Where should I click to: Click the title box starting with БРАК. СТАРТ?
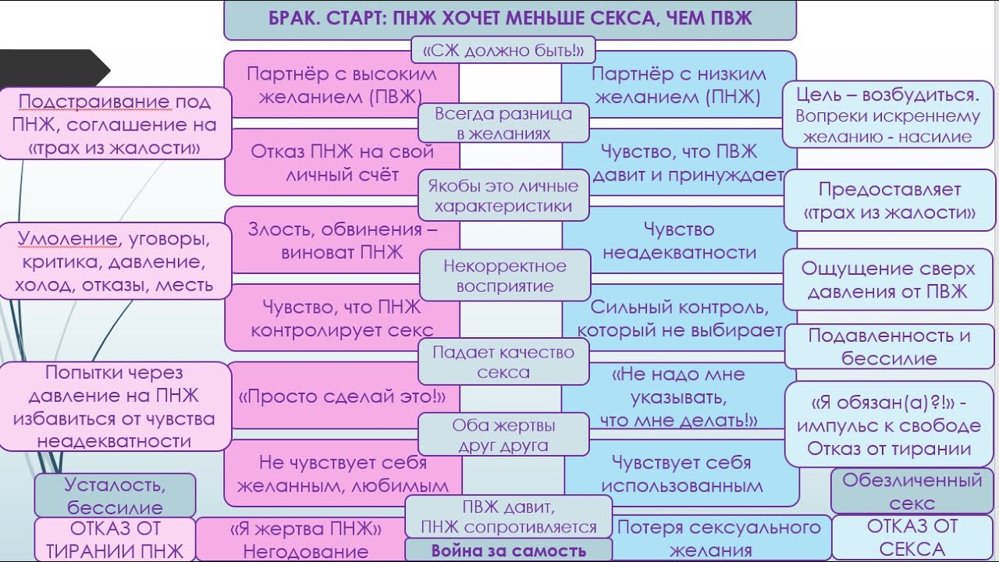tap(510, 19)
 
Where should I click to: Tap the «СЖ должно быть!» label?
tap(503, 51)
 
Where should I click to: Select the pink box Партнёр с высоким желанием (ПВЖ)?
tap(341, 84)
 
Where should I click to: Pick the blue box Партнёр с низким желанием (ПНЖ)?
tap(678, 84)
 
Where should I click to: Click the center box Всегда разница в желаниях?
tap(503, 123)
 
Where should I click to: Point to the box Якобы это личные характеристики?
tap(503, 196)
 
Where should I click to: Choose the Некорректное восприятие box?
tap(504, 276)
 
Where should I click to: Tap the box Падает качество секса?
tap(503, 362)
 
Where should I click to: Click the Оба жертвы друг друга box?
tap(503, 436)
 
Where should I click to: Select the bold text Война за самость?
tap(508, 550)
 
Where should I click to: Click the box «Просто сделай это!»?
tap(342, 396)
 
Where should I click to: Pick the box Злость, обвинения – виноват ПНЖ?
tap(342, 240)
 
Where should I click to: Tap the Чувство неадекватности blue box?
tap(678, 240)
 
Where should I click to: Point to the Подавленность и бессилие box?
tap(889, 347)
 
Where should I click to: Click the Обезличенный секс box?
tap(911, 491)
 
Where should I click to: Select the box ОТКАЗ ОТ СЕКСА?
tap(911, 537)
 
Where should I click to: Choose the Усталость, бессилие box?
tap(115, 495)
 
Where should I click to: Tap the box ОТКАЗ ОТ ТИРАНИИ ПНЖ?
tap(115, 539)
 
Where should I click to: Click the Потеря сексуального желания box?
tap(718, 538)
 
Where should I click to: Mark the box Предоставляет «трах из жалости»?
tap(889, 201)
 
